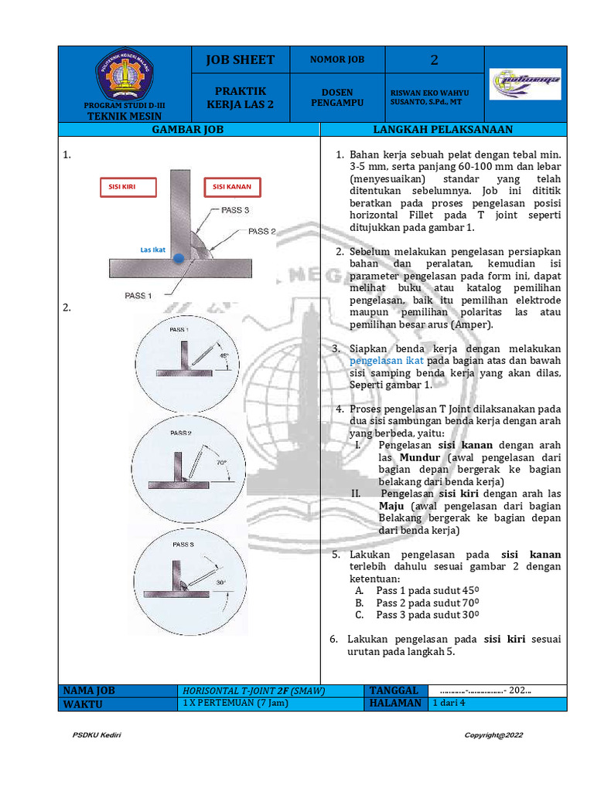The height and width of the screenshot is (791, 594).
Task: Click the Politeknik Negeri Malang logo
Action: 125,74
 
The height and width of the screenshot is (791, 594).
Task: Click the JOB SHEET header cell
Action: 240,59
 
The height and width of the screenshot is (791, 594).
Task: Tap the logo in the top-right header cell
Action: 525,80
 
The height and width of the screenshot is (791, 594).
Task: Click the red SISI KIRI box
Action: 128,187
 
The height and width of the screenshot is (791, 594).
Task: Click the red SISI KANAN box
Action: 233,187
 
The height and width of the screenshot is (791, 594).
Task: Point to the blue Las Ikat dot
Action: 178,259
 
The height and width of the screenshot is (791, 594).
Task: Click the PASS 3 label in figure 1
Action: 235,210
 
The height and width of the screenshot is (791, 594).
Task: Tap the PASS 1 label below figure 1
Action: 138,295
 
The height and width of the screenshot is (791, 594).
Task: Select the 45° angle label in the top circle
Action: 225,356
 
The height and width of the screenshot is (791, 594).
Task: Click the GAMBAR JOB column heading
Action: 188,130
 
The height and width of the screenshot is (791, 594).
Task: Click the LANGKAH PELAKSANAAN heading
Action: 442,130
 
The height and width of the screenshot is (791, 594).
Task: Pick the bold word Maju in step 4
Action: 391,506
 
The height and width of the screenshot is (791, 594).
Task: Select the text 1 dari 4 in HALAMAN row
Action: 449,703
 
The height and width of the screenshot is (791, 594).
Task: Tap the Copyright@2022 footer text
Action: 493,735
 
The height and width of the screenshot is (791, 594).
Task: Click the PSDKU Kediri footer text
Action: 97,735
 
